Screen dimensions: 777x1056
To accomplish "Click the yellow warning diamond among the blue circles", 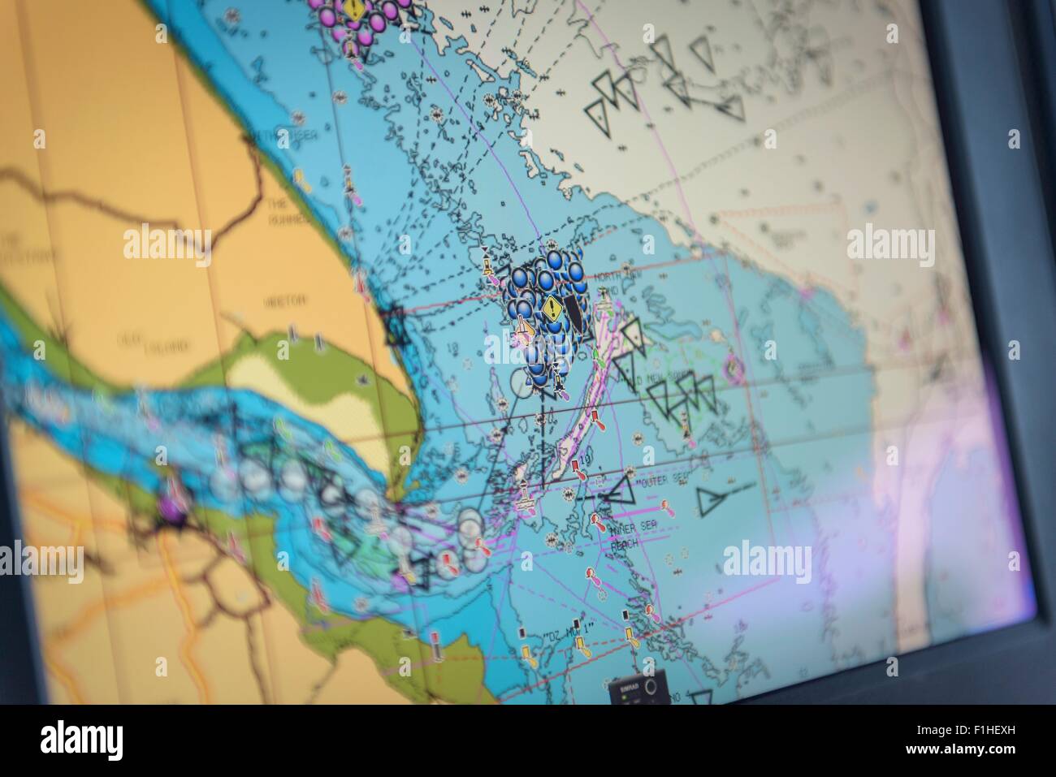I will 552,308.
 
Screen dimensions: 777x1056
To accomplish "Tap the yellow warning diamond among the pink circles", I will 354,10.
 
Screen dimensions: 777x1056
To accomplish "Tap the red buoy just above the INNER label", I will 599,520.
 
